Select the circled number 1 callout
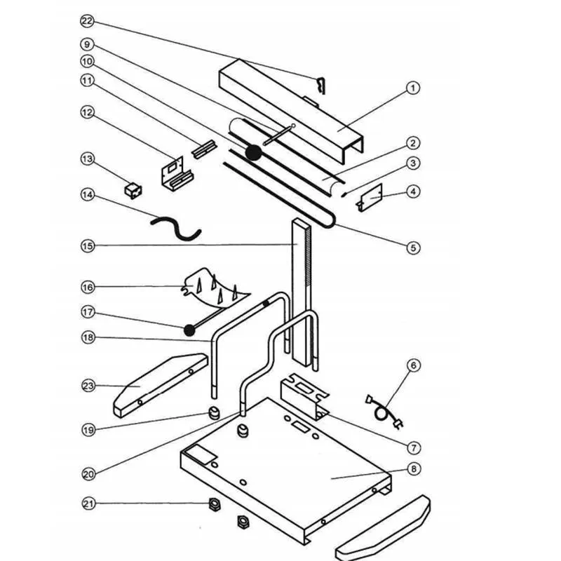413,88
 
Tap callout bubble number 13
87,159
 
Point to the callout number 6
413,365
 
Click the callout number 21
87,503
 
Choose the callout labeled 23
87,385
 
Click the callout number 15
87,245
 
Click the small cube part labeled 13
131,189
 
